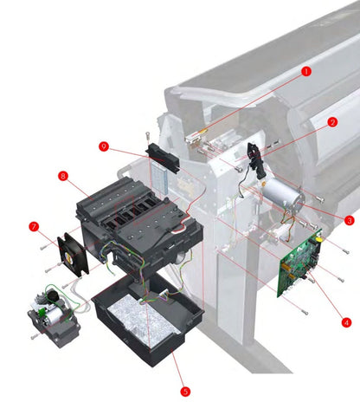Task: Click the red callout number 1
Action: click(x=305, y=72)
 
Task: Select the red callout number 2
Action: click(x=331, y=122)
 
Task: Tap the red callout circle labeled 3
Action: click(x=350, y=220)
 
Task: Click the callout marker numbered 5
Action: click(x=184, y=391)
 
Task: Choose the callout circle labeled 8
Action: click(x=63, y=176)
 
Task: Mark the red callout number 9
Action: click(x=103, y=146)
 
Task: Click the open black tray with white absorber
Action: click(x=147, y=321)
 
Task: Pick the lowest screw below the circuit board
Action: click(x=305, y=308)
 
